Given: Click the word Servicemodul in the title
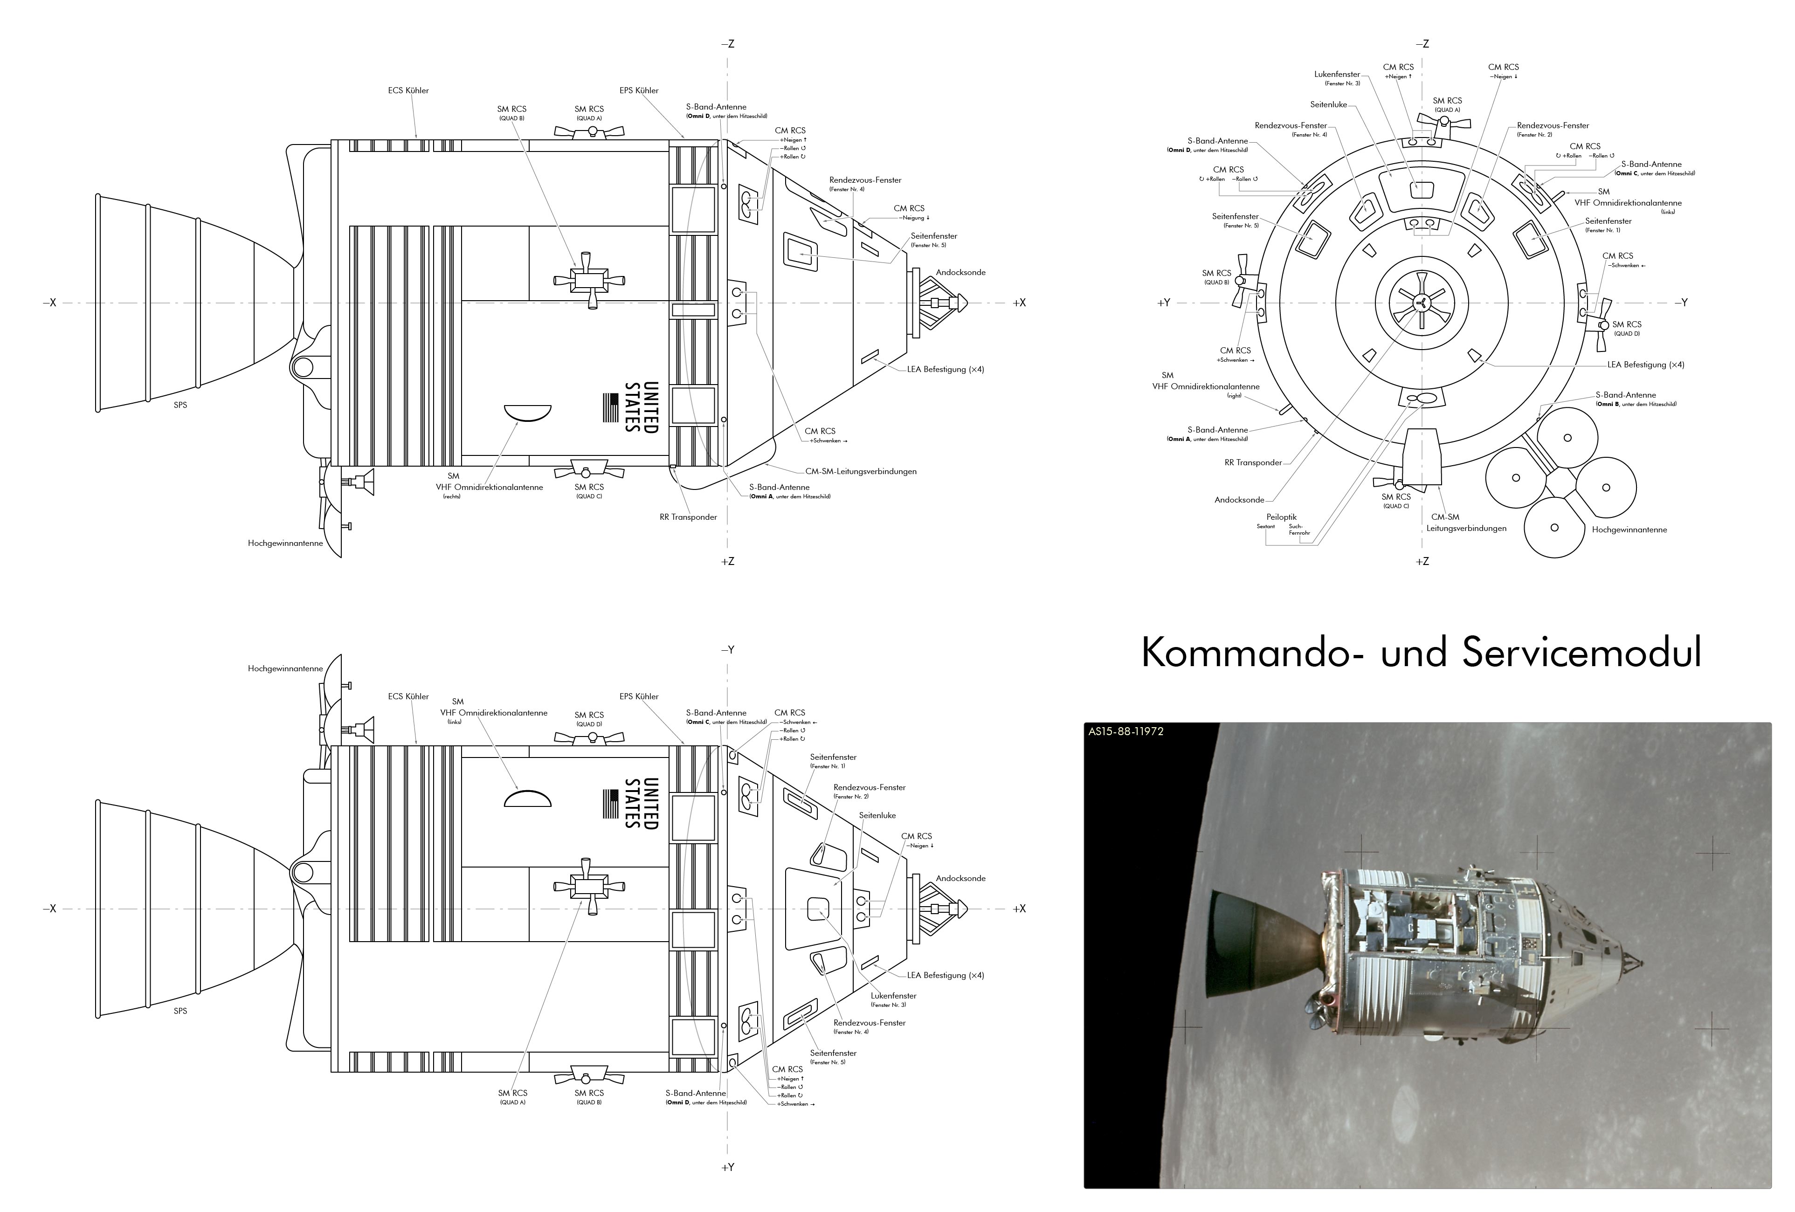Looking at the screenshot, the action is [1582, 652].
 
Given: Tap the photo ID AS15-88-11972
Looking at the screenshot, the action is [1125, 731].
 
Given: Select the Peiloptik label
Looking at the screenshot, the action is [1281, 517].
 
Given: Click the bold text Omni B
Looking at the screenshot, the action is [1607, 405].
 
